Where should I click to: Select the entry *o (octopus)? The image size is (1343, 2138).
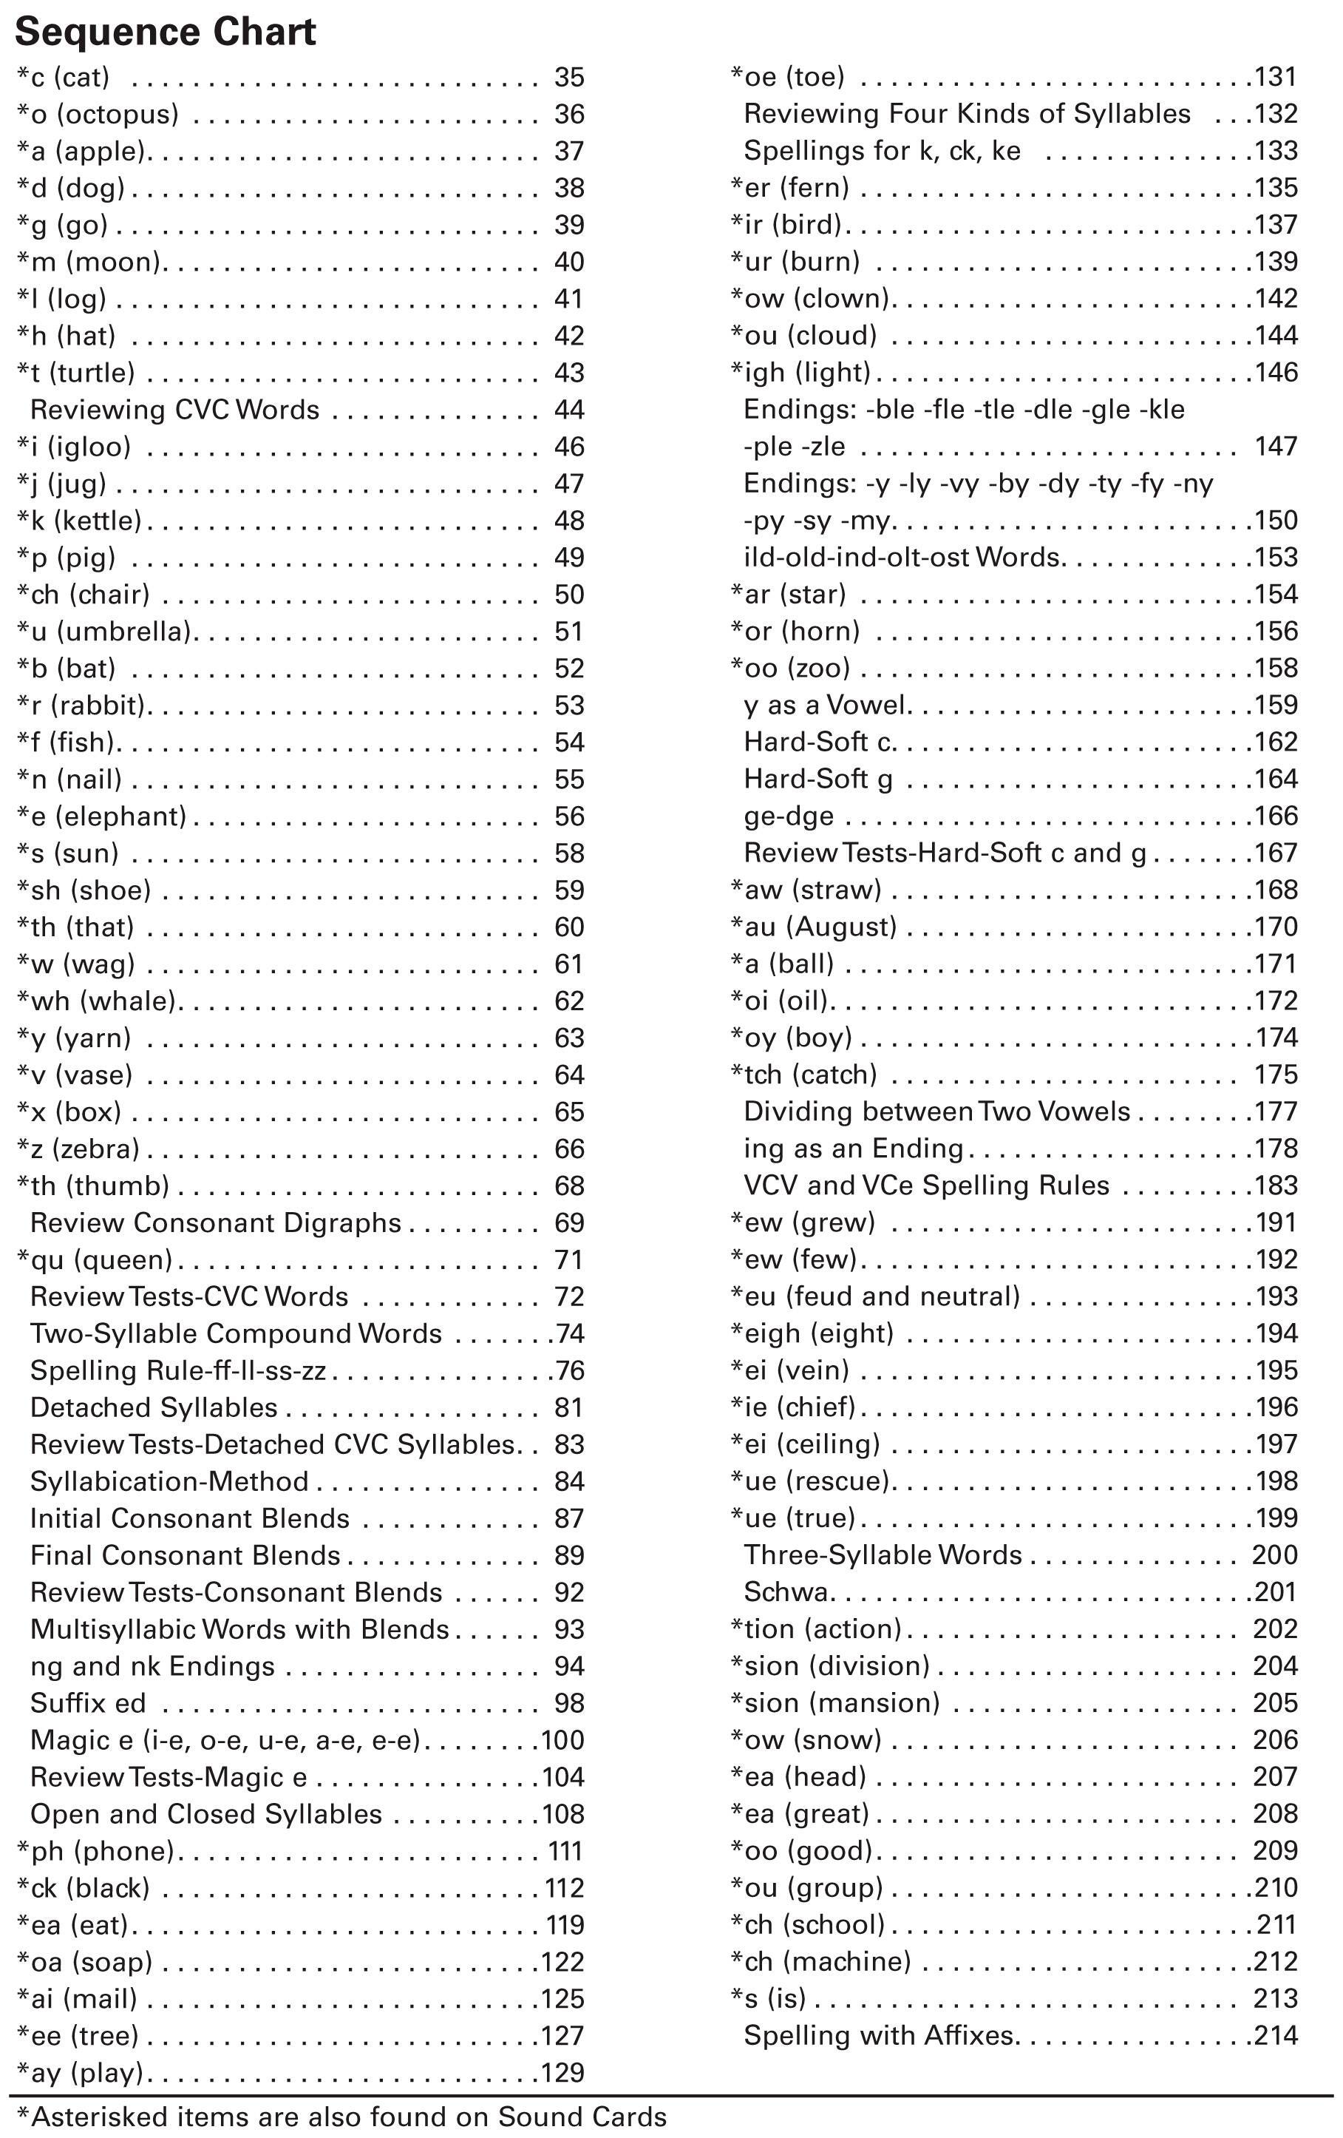[98, 115]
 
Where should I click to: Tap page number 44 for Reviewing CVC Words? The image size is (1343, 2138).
[569, 410]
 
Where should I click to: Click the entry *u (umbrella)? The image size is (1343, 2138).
[107, 632]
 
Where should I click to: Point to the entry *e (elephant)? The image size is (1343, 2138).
[102, 817]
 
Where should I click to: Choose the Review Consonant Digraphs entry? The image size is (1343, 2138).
[216, 1223]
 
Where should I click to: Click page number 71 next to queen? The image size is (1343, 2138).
[569, 1261]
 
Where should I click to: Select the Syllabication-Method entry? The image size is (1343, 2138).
[169, 1482]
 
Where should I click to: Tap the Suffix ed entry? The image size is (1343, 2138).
[88, 1704]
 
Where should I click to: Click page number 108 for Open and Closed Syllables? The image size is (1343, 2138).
[562, 1815]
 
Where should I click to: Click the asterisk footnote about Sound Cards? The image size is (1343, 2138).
[341, 2117]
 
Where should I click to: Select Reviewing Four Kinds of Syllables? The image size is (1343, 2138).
[967, 115]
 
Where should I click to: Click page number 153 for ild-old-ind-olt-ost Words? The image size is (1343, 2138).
[1276, 558]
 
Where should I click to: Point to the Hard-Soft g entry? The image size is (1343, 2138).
[817, 779]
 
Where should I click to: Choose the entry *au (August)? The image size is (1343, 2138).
[814, 928]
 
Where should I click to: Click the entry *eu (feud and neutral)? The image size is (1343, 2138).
[875, 1297]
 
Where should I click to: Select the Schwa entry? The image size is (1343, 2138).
[786, 1593]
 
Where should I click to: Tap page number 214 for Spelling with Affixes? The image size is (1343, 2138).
[1276, 2036]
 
